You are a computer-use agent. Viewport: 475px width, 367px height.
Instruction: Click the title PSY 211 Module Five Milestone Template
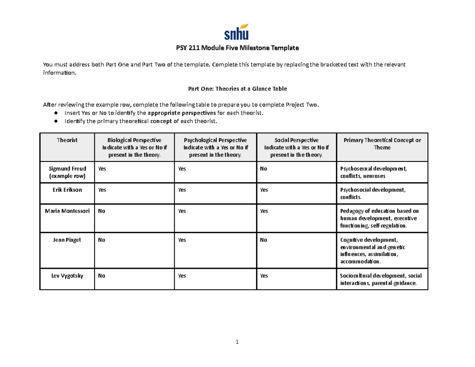(x=237, y=48)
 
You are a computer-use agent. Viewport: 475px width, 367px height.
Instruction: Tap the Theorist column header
(x=67, y=140)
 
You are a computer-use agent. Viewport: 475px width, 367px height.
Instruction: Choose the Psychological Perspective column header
(x=215, y=147)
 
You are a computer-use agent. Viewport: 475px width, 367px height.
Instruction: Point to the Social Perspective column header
(x=296, y=147)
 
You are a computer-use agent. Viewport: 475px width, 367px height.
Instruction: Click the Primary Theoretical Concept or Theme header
(x=382, y=144)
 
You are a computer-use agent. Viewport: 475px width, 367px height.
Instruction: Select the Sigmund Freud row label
(x=67, y=172)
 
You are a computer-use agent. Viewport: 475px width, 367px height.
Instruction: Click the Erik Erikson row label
(x=67, y=190)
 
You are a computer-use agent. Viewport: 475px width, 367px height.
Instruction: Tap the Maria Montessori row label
(x=67, y=211)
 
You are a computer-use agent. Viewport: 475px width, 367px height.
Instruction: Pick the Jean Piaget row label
(x=67, y=240)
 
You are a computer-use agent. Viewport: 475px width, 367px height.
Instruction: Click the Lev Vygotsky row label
(x=67, y=276)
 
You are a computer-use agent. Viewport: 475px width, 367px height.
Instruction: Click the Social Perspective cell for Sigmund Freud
(x=263, y=169)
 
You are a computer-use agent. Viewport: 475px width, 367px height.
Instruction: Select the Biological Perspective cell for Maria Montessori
(x=102, y=211)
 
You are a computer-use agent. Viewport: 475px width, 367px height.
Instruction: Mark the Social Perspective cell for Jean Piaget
(x=263, y=240)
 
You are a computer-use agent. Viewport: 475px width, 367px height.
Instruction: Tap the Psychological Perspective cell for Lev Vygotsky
(x=182, y=276)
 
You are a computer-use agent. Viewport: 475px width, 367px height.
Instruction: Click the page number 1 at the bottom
(x=237, y=342)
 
